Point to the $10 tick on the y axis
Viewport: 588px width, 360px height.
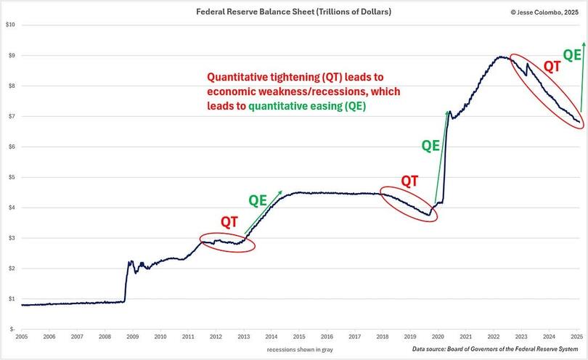point(10,25)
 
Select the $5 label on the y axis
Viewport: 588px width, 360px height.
point(12,177)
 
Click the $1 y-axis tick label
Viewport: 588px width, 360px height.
point(12,298)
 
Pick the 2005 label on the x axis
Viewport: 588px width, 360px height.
point(22,337)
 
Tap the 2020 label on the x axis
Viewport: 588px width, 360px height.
point(438,337)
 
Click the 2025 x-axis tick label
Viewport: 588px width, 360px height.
point(576,337)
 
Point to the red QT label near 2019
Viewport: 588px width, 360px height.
point(410,180)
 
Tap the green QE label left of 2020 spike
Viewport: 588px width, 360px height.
point(431,145)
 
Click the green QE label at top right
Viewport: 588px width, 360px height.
point(573,54)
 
